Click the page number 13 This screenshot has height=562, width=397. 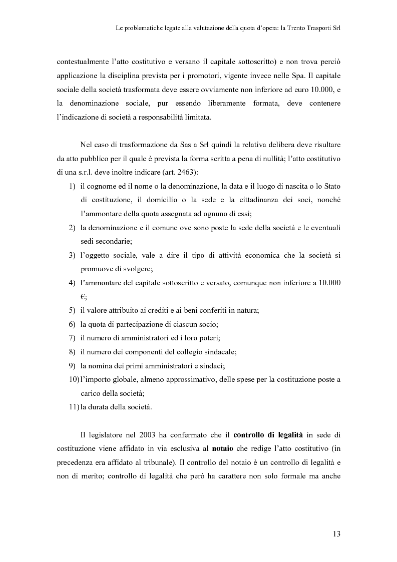click(336, 534)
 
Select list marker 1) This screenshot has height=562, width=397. click(72, 187)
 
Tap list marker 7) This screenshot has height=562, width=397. click(72, 338)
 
